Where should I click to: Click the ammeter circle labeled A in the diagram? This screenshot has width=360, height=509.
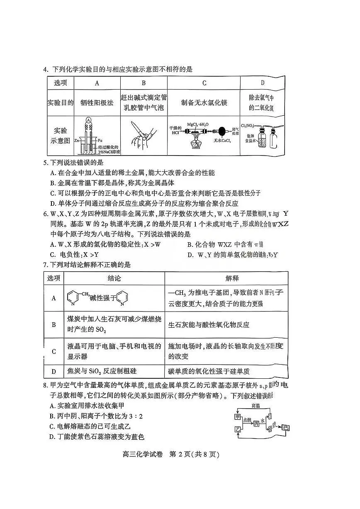tap(88, 120)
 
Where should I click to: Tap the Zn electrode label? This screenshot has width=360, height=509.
tap(77, 141)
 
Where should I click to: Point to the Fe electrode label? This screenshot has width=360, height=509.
tap(100, 141)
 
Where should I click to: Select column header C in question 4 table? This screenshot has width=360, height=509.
tap(204, 83)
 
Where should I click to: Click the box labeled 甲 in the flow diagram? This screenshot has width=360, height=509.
tap(237, 416)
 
